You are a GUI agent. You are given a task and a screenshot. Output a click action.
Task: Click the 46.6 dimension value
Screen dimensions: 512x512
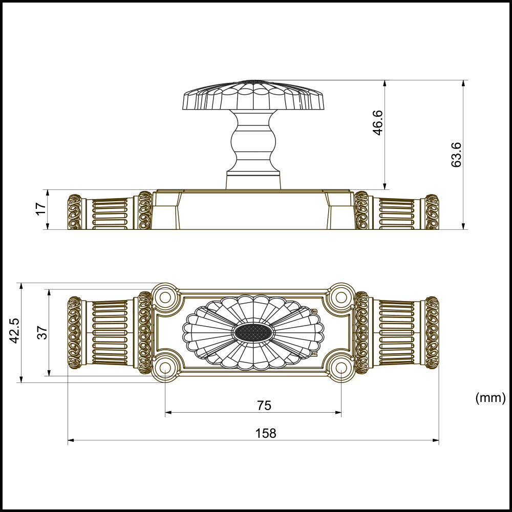378,122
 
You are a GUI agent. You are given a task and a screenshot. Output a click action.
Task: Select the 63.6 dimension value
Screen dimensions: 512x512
457,155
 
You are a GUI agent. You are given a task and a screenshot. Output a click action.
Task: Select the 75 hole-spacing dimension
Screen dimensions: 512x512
263,406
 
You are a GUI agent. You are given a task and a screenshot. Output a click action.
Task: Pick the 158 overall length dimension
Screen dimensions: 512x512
266,433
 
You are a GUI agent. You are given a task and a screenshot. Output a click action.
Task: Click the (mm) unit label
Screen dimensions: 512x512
490,397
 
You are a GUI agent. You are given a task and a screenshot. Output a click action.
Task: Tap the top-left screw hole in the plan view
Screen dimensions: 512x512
165,296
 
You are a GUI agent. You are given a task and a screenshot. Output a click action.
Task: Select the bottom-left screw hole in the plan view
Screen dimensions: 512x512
165,368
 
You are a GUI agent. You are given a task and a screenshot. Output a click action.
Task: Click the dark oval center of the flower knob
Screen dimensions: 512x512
253,333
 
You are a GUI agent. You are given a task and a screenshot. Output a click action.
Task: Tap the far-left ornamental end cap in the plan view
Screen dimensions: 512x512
75,332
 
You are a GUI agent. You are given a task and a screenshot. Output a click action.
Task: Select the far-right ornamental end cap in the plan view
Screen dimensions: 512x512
432,332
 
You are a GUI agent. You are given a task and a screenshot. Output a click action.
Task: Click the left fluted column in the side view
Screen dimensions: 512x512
110,212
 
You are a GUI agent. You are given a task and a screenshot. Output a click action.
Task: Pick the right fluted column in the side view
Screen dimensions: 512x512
397,212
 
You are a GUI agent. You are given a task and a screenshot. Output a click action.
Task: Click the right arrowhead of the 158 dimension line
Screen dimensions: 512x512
436,440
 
